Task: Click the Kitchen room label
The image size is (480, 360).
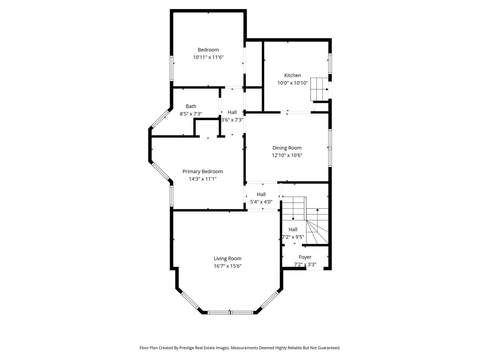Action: [292, 75]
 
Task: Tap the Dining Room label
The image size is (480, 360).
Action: [287, 148]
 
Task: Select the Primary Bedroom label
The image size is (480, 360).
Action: [202, 172]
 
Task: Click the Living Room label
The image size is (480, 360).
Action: [227, 259]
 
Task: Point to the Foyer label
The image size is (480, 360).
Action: [305, 257]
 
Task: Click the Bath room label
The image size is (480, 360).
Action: [191, 106]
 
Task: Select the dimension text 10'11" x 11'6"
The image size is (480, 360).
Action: [208, 57]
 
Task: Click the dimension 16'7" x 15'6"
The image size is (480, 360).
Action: [227, 266]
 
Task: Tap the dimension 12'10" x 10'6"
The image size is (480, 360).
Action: [287, 155]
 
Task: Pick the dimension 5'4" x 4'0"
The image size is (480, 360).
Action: [261, 202]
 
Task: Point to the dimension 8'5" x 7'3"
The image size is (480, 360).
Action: [191, 114]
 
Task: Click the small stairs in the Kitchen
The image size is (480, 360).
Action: [319, 89]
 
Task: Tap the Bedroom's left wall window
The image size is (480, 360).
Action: [171, 68]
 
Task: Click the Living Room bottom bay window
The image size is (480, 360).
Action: [230, 312]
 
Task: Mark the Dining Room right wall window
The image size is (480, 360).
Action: [330, 147]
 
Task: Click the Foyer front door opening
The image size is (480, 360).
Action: [315, 268]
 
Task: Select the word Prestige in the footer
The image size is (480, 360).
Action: [189, 348]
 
